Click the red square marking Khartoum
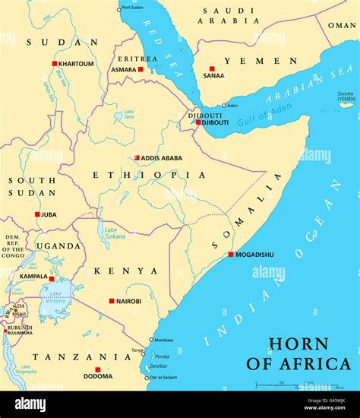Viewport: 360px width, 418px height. click(55, 64)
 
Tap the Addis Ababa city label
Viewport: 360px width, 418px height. click(162, 158)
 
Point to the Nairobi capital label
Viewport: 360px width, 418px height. click(128, 301)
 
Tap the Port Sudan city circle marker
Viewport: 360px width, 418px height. click(119, 9)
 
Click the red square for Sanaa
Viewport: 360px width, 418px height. click(212, 69)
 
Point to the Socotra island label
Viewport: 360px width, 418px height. click(346, 96)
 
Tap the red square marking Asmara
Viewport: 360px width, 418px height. click(141, 69)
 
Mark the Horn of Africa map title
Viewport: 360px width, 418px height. click(299, 353)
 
